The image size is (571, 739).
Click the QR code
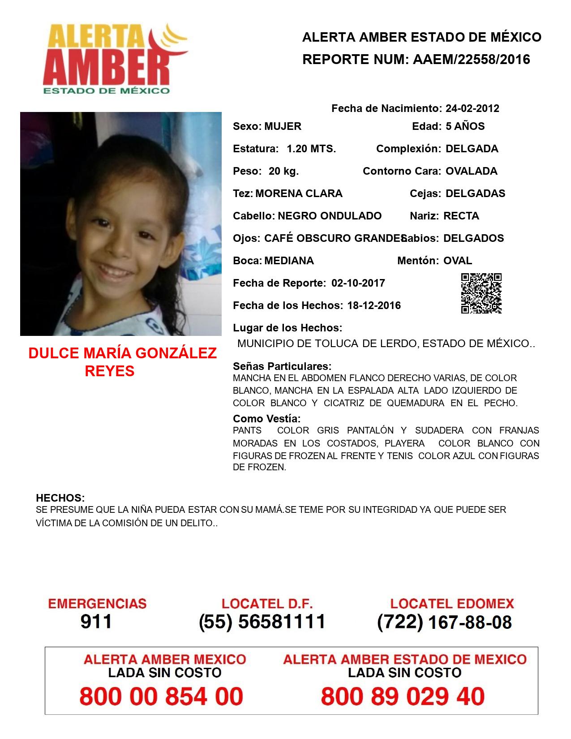(481, 293)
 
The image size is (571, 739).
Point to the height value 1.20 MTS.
(311, 149)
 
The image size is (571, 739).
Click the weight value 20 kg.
(283, 171)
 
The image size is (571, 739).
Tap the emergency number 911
(96, 622)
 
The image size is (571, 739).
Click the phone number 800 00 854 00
(161, 696)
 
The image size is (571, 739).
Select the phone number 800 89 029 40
(403, 696)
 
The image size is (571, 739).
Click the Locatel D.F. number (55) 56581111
(262, 622)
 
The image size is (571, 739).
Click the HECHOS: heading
(60, 498)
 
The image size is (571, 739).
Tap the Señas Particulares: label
(282, 366)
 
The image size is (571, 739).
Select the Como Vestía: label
(266, 419)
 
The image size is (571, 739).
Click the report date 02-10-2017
(358, 283)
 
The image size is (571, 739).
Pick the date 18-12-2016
(374, 305)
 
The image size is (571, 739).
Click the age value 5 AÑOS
(465, 126)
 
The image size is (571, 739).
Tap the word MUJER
(283, 126)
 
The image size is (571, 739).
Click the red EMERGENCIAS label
(97, 604)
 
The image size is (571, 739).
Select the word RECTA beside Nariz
(461, 216)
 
